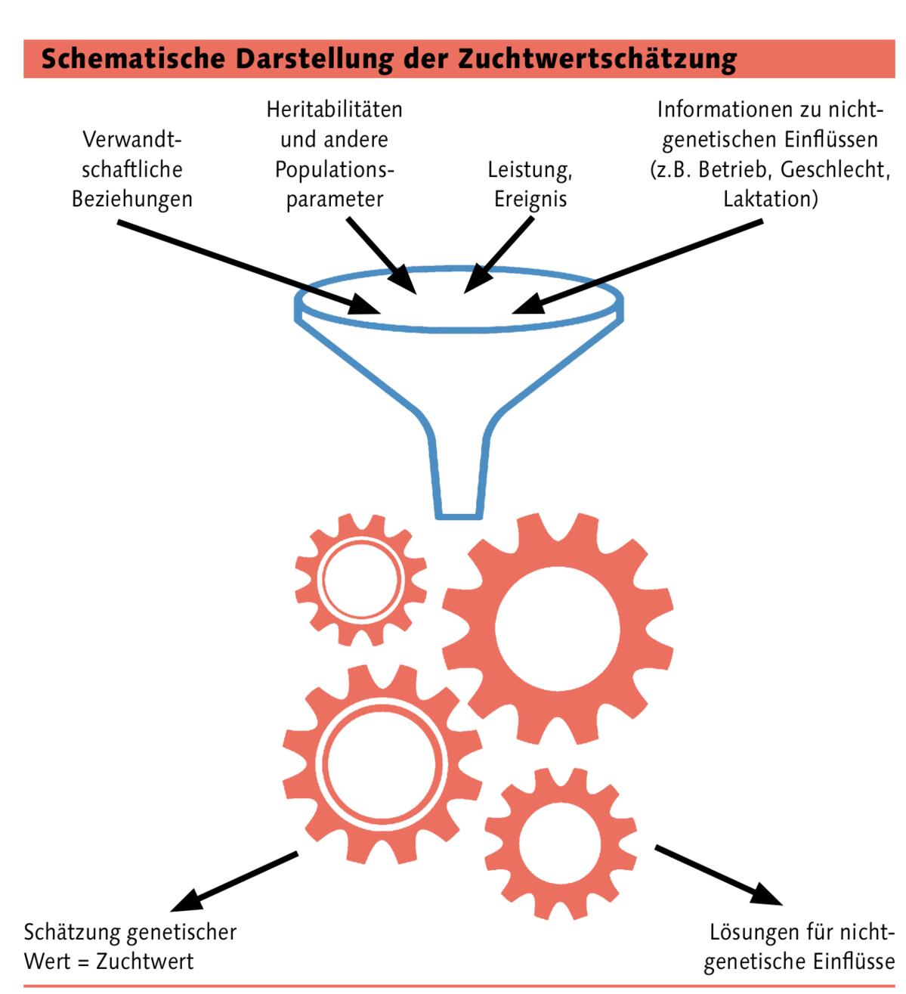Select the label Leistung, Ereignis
(x=530, y=184)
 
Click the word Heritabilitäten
(x=334, y=110)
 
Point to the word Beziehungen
(x=132, y=199)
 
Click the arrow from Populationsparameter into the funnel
(x=381, y=255)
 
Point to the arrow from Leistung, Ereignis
(x=499, y=255)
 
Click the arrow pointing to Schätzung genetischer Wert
(x=234, y=881)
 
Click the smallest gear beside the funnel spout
(x=360, y=580)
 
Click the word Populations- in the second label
(x=334, y=169)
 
